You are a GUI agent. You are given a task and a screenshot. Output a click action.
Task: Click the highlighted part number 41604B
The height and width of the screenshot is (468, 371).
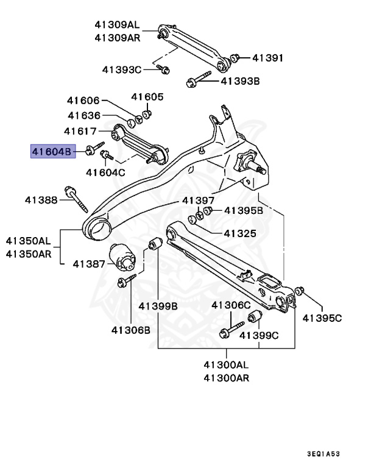click(53, 151)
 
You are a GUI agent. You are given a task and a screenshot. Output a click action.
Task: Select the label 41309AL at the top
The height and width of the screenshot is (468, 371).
click(117, 25)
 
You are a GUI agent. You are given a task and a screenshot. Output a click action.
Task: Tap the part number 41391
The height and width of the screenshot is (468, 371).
click(268, 58)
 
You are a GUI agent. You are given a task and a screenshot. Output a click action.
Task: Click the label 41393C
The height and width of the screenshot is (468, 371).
click(121, 70)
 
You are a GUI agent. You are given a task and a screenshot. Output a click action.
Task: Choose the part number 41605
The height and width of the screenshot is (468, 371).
click(147, 97)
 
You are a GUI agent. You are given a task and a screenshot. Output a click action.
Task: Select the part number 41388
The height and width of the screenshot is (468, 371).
click(41, 199)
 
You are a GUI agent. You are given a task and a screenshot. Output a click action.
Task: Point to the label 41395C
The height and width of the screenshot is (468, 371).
click(323, 317)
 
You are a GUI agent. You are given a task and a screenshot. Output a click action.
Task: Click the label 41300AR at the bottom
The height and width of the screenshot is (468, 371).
click(226, 377)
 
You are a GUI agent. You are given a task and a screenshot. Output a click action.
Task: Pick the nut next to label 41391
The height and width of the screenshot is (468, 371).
click(236, 58)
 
